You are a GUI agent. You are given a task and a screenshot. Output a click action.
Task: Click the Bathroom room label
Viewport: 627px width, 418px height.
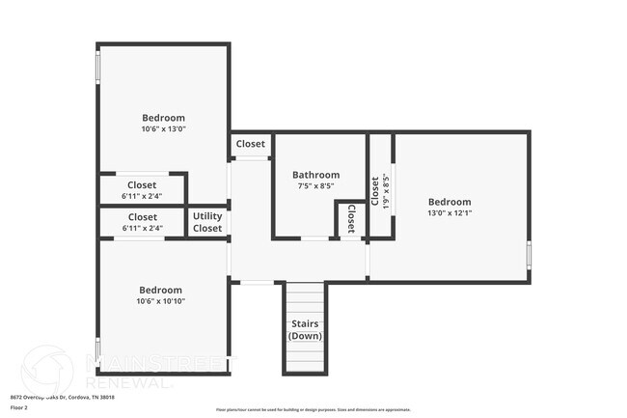coord(315,175)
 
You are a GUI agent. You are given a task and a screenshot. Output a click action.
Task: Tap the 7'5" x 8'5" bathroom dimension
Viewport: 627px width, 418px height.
coord(315,186)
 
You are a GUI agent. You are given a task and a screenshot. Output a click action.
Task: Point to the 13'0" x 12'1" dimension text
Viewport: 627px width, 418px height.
coord(450,213)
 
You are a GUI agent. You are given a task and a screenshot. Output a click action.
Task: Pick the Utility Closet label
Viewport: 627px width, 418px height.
coord(207,222)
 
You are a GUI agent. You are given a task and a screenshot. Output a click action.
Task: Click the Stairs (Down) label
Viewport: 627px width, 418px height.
coord(305,329)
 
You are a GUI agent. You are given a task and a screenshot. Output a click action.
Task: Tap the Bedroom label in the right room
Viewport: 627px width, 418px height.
coord(450,202)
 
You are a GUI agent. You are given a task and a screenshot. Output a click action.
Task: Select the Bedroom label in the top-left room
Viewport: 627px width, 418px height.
coord(163,118)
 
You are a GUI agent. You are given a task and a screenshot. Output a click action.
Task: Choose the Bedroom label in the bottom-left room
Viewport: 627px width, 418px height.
coord(160,290)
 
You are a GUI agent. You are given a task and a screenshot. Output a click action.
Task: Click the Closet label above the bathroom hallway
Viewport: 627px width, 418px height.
coord(251,144)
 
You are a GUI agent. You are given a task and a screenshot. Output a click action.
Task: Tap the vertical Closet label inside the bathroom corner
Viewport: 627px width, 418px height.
coord(351,217)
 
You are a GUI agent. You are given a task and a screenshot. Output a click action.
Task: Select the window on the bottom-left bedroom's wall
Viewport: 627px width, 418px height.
coord(96,348)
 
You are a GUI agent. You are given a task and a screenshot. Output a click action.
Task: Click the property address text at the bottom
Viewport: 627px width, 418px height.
coord(62,397)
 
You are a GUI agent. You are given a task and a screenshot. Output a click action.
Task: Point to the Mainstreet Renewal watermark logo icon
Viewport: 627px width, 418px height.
coord(46,371)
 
